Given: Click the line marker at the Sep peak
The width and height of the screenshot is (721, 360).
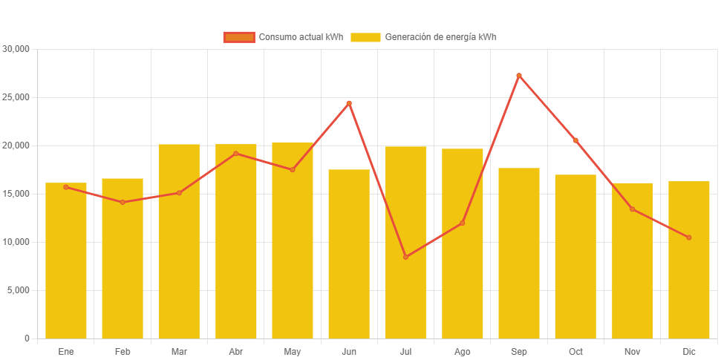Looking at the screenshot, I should pyautogui.click(x=518, y=76).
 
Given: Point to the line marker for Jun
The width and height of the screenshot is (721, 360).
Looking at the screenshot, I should pyautogui.click(x=349, y=103).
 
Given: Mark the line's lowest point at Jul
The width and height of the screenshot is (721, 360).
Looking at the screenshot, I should pyautogui.click(x=405, y=257).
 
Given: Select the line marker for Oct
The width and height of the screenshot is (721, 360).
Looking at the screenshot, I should pyautogui.click(x=575, y=140).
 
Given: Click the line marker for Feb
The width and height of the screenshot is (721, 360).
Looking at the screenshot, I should pyautogui.click(x=123, y=202).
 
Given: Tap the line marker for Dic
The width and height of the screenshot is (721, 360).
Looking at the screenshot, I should pyautogui.click(x=688, y=238).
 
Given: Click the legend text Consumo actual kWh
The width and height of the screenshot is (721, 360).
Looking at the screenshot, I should pyautogui.click(x=301, y=37).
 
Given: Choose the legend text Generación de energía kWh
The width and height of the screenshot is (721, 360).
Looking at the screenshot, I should pyautogui.click(x=440, y=37).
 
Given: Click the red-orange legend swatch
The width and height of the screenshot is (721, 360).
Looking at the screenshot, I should pyautogui.click(x=239, y=37).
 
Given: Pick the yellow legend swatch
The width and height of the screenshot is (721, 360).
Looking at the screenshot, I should pyautogui.click(x=365, y=37).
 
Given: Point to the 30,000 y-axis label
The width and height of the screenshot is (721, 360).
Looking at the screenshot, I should pyautogui.click(x=16, y=49).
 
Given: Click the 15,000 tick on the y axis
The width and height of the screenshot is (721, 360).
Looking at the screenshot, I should pyautogui.click(x=16, y=194).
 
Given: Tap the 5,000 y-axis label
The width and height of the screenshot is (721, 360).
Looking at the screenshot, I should pyautogui.click(x=19, y=290).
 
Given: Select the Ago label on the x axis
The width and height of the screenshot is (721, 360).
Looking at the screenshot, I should pyautogui.click(x=462, y=352).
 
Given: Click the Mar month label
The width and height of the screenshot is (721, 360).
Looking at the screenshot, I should pyautogui.click(x=179, y=352).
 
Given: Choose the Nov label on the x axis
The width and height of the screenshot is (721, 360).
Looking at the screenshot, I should pyautogui.click(x=632, y=352).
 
